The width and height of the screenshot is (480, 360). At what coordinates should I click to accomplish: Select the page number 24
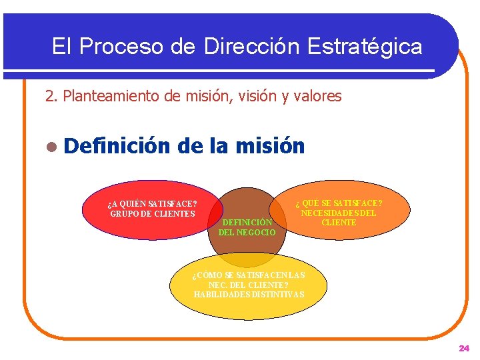[464, 348]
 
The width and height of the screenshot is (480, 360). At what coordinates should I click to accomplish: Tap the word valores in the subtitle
[317, 97]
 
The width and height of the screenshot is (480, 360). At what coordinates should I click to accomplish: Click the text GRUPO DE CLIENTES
[152, 213]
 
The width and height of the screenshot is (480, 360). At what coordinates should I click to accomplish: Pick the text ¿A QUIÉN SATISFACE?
[152, 204]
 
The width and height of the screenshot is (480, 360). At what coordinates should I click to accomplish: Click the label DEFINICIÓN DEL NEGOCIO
[247, 227]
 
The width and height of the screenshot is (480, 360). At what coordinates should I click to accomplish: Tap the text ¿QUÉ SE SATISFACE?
[339, 203]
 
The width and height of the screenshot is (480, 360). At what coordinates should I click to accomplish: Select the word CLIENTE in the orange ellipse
[339, 223]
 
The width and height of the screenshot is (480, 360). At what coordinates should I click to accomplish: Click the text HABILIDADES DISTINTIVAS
[249, 294]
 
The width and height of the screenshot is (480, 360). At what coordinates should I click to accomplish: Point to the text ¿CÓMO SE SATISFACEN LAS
[249, 275]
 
